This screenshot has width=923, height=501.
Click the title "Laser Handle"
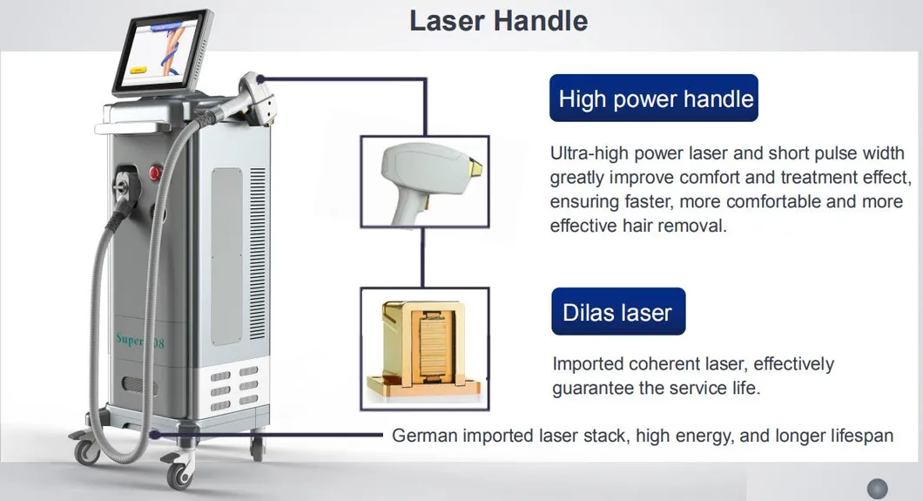coord(498,21)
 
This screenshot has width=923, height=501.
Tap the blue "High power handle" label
coord(655,98)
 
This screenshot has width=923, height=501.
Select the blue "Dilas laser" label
coord(617,312)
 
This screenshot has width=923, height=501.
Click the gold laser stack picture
coord(424,348)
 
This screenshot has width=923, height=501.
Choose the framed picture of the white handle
coord(424,180)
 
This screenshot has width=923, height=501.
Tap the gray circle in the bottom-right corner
coord(877,488)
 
